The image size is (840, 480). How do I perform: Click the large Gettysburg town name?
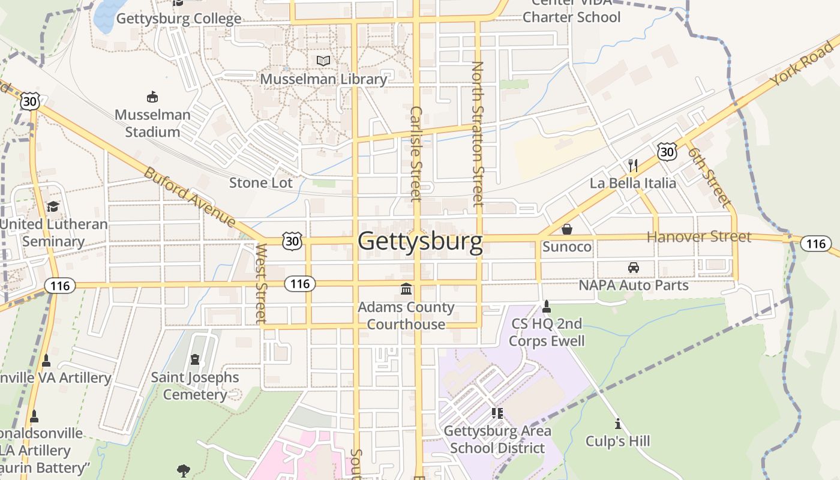point(420,241)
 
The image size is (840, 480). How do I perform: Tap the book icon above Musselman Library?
point(323,61)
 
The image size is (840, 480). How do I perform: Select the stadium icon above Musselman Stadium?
point(152,96)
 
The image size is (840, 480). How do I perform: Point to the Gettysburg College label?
point(179,19)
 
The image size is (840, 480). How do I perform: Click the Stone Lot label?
point(261,182)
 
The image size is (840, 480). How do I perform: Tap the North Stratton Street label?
point(478,134)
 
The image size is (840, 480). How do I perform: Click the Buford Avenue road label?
point(190,197)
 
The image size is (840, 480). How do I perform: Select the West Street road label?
point(260,283)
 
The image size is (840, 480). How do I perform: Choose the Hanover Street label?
point(699,236)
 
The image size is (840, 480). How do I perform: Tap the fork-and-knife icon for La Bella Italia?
point(632,165)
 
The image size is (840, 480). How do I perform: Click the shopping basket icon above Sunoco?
point(566,229)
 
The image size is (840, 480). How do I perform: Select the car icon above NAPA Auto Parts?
point(633,267)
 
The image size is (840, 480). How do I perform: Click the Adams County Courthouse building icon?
point(406,289)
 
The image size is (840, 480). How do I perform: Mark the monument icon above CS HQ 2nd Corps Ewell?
point(546,307)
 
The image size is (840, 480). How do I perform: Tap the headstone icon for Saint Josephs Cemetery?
point(194,359)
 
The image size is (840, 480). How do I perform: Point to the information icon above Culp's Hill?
point(618,424)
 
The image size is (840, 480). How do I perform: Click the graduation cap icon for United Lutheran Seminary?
point(53,206)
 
